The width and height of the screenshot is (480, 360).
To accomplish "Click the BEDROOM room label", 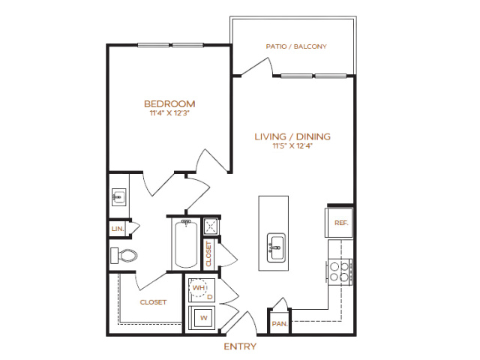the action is click(x=169, y=104).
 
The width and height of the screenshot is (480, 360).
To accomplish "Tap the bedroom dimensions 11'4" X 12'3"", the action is click(x=169, y=113).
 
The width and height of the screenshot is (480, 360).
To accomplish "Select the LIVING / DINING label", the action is click(x=292, y=136).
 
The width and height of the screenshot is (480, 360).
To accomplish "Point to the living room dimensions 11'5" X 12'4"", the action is click(x=292, y=146).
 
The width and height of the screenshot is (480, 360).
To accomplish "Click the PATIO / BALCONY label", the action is click(x=296, y=46).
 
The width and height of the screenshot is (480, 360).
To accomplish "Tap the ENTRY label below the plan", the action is click(x=240, y=346).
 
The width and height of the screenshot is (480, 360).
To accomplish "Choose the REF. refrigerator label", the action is click(x=341, y=223).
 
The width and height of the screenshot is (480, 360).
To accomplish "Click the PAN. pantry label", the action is click(x=280, y=324).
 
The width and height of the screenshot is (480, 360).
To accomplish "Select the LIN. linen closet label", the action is click(x=118, y=229).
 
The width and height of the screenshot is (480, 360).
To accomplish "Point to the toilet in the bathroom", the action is click(x=124, y=256).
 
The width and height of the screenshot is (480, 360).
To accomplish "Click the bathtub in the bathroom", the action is click(x=186, y=244).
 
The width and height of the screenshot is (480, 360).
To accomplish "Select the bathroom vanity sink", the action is click(x=118, y=197).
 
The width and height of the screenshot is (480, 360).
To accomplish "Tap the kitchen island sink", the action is click(x=276, y=247).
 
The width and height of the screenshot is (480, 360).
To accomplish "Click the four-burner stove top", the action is click(x=339, y=272).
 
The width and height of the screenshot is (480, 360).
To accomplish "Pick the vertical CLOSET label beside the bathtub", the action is click(x=208, y=254).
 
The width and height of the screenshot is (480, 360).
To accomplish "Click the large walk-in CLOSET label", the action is click(x=153, y=302).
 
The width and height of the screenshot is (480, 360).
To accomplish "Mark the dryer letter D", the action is click(x=210, y=297).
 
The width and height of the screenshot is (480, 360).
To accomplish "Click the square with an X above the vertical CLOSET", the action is click(x=211, y=226).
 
